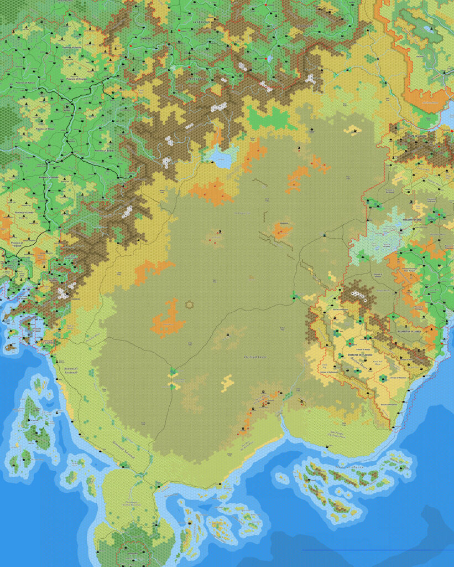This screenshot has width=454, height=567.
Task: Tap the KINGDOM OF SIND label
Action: click(x=415, y=219)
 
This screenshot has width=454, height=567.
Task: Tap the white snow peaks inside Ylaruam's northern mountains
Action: click(x=358, y=296)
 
